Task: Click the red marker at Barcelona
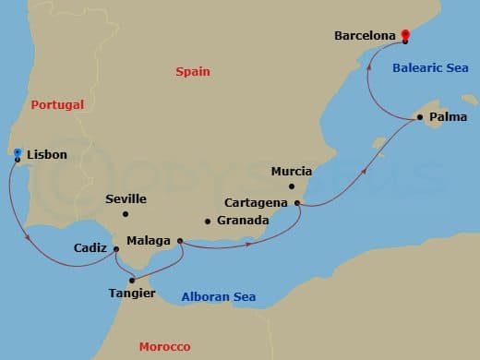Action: pyautogui.click(x=404, y=36)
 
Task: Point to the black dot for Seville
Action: pyautogui.click(x=126, y=214)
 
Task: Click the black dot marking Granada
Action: pyautogui.click(x=208, y=221)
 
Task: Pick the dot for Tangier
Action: pyautogui.click(x=132, y=280)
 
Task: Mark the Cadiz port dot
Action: pyautogui.click(x=115, y=248)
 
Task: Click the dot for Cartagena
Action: pyautogui.click(x=296, y=203)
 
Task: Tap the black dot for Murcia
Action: pyautogui.click(x=292, y=186)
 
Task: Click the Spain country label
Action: pyautogui.click(x=192, y=71)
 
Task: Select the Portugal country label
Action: pyautogui.click(x=57, y=104)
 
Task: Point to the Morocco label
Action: pyautogui.click(x=164, y=346)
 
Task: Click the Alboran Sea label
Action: pyautogui.click(x=218, y=296)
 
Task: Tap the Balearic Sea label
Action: pyautogui.click(x=429, y=67)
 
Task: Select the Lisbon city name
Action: pyautogui.click(x=47, y=154)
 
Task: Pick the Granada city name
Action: pyautogui.click(x=242, y=221)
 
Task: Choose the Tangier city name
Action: pyautogui.click(x=133, y=294)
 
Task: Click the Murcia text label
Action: pyautogui.click(x=292, y=171)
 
